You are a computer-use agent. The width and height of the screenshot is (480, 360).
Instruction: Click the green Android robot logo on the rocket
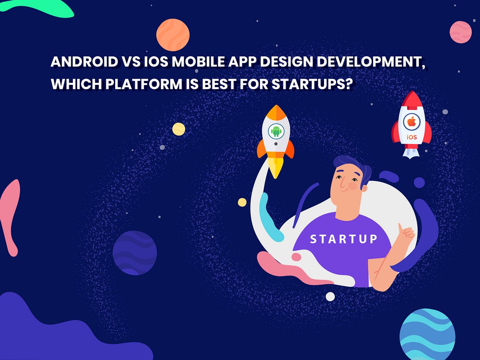(276, 130)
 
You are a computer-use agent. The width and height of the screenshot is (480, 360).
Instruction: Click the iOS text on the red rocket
(412, 137)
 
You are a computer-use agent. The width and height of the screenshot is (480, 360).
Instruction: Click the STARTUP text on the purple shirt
(344, 239)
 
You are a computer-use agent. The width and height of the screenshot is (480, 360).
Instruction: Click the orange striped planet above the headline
(173, 35)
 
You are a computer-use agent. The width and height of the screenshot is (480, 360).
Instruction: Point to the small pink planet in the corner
(460, 32)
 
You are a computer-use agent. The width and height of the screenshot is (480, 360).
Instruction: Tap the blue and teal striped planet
(427, 334)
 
